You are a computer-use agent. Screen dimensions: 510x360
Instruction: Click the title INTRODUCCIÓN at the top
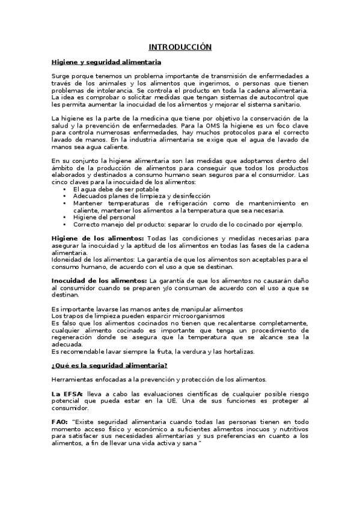point(180,47)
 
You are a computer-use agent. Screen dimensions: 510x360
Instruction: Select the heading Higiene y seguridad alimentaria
point(106,61)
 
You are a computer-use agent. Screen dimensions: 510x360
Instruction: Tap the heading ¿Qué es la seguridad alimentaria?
point(109,365)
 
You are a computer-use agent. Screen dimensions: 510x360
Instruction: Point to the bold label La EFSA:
point(68,393)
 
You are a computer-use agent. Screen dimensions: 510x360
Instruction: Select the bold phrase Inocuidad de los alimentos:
point(99,280)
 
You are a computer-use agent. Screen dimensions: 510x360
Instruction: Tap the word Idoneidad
point(69,259)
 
